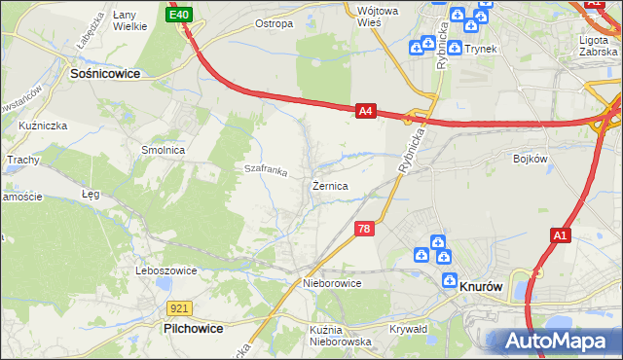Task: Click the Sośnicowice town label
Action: point(105,72)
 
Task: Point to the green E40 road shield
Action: point(179,16)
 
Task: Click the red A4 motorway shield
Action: point(365,112)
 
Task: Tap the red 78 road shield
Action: point(363,229)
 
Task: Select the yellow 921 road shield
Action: point(177,308)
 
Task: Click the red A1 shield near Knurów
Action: point(560,235)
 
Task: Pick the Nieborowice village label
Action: point(332,283)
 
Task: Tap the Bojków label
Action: point(530,158)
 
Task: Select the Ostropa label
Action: point(274,23)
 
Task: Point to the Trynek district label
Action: point(481,48)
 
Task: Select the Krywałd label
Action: point(409,329)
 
